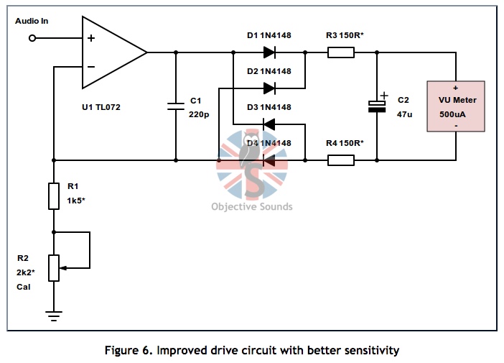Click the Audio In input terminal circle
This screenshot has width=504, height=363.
(32, 38)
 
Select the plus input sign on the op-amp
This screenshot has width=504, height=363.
(91, 39)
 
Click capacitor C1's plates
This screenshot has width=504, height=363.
(176, 106)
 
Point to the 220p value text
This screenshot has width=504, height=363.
(199, 114)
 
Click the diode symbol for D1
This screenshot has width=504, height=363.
(269, 52)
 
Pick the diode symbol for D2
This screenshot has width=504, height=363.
(269, 88)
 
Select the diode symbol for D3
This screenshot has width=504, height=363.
(269, 124)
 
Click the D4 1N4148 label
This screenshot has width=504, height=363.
(269, 143)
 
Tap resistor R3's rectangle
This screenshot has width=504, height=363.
(341, 52)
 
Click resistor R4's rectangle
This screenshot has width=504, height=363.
(341, 160)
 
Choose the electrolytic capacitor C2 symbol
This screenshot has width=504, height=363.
(377, 106)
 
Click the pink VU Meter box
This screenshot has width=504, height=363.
(456, 106)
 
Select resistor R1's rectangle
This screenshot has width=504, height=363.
(53, 196)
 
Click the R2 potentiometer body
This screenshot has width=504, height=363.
(53, 267)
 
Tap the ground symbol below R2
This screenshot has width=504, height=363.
(53, 313)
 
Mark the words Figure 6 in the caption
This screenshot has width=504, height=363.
(130, 351)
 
